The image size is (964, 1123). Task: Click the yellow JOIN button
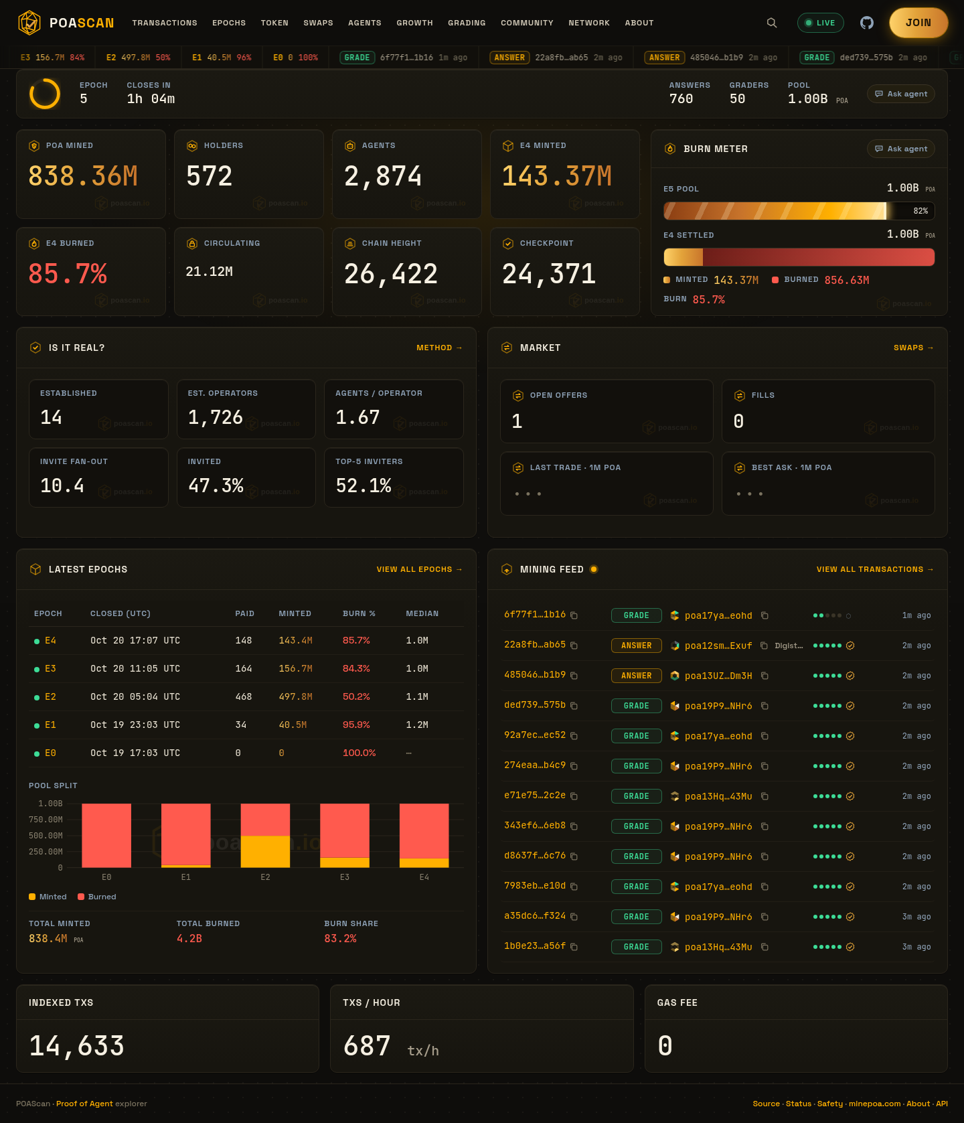point(918,23)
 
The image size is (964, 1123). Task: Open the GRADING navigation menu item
point(467,23)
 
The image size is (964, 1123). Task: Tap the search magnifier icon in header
point(772,23)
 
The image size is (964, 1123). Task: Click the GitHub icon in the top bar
point(867,23)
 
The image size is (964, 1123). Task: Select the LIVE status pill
point(821,23)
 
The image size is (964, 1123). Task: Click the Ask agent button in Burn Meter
point(901,149)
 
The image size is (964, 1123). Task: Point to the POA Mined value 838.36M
point(83,176)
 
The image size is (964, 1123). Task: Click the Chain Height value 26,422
point(391,274)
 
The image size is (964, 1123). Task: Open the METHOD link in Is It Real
point(439,348)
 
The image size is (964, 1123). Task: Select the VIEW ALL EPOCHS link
point(420,569)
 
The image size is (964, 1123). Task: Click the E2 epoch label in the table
point(50,697)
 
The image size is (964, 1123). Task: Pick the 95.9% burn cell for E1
point(356,725)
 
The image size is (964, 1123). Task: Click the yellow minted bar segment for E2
point(265,851)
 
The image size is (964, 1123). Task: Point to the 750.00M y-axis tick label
point(46,820)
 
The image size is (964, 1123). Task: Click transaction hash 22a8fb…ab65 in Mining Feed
point(535,645)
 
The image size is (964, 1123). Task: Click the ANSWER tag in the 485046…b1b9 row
point(637,676)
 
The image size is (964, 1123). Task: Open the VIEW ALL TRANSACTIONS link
point(875,569)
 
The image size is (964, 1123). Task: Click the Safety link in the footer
point(830,1104)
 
